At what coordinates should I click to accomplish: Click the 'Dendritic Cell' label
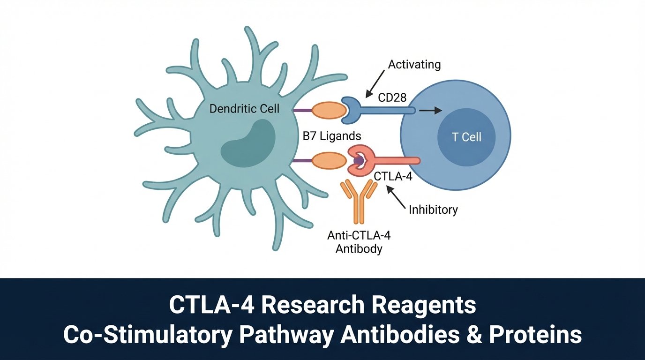[x=244, y=109]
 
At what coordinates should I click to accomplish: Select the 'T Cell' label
[x=466, y=137]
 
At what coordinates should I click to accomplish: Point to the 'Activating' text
[x=415, y=64]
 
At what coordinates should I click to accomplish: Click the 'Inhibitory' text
[x=433, y=210]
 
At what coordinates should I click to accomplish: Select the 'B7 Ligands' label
[x=331, y=136]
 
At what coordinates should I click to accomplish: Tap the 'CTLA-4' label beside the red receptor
[x=393, y=178]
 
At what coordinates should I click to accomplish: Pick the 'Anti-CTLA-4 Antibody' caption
[x=359, y=241]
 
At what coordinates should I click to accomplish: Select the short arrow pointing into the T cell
[x=430, y=111]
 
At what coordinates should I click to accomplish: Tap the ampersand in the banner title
[x=494, y=335]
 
